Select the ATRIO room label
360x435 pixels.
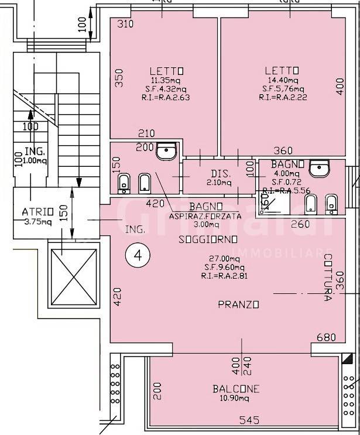coord(38,211)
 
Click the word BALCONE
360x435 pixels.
coord(236,389)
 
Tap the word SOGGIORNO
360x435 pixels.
coord(208,239)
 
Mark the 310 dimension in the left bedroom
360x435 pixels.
coord(125,24)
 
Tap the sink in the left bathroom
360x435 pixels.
coord(167,152)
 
